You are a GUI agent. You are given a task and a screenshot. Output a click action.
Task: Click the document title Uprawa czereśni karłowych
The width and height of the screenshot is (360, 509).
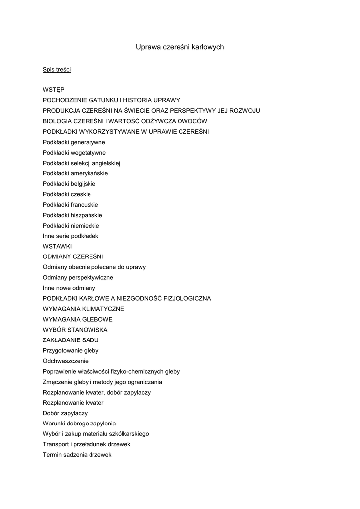[180, 47]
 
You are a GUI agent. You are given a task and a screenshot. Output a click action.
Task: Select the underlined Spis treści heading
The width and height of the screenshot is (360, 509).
[57, 69]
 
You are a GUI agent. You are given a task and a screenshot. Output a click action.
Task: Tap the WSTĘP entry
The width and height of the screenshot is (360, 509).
[53, 90]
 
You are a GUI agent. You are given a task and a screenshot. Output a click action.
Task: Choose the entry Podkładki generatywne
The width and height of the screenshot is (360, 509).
[74, 142]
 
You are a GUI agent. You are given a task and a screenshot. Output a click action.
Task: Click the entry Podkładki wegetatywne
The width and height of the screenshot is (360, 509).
[74, 153]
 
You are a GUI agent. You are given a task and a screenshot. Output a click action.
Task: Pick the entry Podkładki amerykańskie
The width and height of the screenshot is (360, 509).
[75, 173]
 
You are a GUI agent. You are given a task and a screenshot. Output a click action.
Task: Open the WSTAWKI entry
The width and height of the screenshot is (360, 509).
[57, 247]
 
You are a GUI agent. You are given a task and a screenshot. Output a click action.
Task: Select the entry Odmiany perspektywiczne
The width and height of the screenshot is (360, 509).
[78, 278]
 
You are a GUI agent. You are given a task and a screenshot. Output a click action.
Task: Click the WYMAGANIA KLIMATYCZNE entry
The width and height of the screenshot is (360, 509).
[84, 309]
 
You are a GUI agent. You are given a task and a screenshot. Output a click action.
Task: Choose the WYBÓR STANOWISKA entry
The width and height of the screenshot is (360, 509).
[75, 330]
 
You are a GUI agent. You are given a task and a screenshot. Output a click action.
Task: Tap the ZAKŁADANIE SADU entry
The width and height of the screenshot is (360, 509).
[71, 340]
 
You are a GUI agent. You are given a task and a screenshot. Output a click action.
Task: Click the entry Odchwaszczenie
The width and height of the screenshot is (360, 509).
[66, 361]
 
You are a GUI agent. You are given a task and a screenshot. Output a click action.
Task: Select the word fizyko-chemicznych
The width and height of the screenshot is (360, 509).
[137, 371]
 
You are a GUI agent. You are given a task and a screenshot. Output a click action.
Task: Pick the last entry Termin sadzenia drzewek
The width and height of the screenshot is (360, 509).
[77, 454]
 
